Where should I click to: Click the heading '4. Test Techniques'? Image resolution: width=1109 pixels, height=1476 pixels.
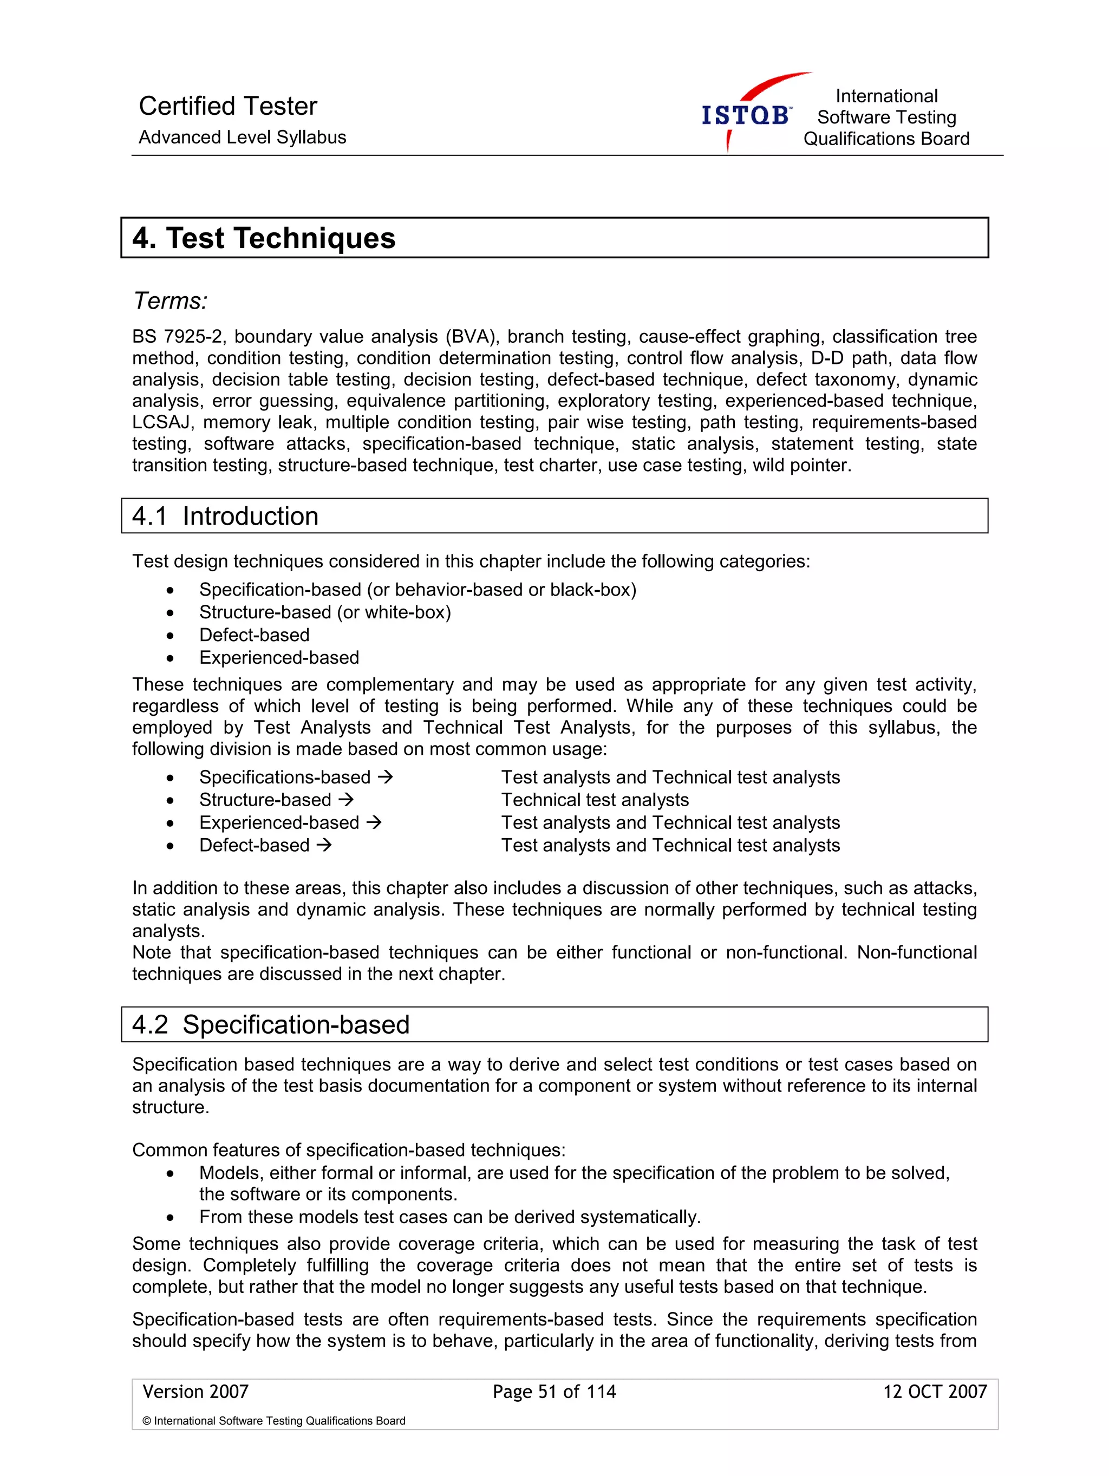pyautogui.click(x=264, y=238)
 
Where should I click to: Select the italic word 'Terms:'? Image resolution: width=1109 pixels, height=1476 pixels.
pyautogui.click(x=171, y=301)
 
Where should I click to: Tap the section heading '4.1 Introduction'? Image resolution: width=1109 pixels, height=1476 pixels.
pyautogui.click(x=226, y=516)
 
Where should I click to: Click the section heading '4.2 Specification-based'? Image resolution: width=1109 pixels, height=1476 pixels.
pyautogui.click(x=271, y=1024)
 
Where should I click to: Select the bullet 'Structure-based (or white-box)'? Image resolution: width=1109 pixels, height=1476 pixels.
pyautogui.click(x=325, y=612)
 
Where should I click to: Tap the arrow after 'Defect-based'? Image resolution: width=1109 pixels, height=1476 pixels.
pyautogui.click(x=324, y=845)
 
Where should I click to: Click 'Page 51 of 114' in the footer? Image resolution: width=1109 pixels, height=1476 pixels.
pyautogui.click(x=554, y=1391)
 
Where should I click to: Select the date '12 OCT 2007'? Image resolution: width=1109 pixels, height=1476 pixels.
pyautogui.click(x=934, y=1391)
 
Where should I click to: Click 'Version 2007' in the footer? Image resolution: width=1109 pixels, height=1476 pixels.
pyautogui.click(x=195, y=1391)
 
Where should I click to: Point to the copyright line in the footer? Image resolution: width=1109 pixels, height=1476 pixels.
pyautogui.click(x=273, y=1421)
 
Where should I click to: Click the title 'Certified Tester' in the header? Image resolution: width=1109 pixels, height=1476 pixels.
pyautogui.click(x=227, y=106)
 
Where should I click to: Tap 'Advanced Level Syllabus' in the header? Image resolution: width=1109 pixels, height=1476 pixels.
pyautogui.click(x=242, y=138)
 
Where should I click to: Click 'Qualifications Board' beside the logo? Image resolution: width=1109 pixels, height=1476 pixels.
pyautogui.click(x=885, y=139)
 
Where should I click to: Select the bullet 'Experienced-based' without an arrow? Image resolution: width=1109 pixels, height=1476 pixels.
pyautogui.click(x=279, y=657)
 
